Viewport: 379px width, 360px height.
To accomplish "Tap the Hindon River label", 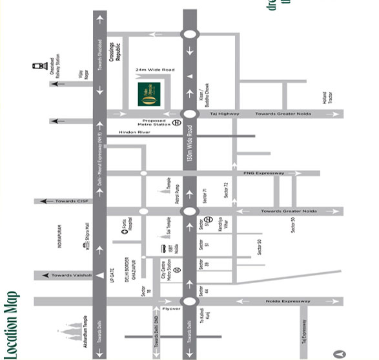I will tap(134, 132).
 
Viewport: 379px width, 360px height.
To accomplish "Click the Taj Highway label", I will tap(225, 114).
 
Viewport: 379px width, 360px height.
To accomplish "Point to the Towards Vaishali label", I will tap(71, 275).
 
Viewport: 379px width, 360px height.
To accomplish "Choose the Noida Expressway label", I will tap(288, 301).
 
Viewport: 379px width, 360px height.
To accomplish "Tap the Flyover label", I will tap(171, 309).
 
